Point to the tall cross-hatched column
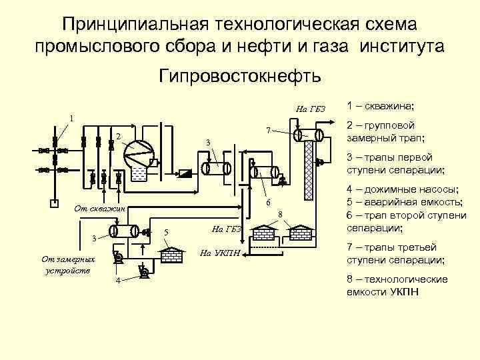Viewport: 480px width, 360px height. click(x=308, y=170)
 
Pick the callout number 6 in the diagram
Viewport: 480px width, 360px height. click(x=267, y=202)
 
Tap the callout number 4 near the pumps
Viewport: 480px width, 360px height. click(x=118, y=280)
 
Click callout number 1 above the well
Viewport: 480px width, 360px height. click(x=73, y=118)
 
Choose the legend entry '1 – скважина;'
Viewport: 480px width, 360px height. click(x=381, y=106)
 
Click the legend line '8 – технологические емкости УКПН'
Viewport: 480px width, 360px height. click(x=397, y=286)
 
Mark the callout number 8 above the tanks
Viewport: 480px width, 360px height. click(x=281, y=214)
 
